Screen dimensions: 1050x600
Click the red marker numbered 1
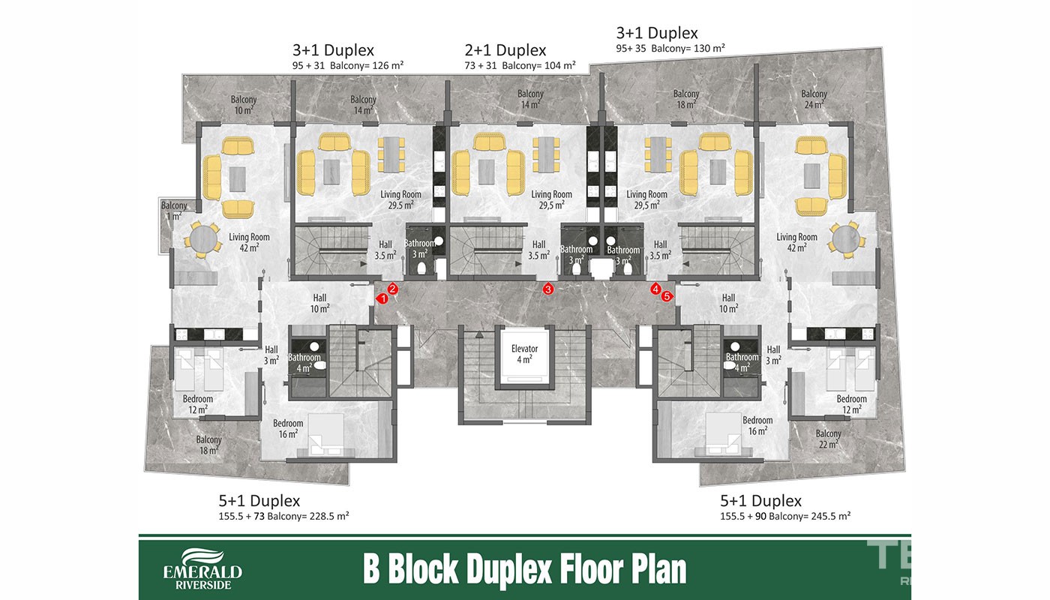click(382, 298)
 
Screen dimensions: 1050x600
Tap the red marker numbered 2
click(393, 289)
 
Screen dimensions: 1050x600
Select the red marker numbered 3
click(548, 289)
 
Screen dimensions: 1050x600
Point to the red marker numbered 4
click(655, 289)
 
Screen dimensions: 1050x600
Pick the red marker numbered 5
click(667, 296)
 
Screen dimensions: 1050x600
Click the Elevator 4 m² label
click(524, 354)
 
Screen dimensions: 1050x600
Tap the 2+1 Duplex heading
click(505, 50)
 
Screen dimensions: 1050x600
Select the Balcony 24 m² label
click(814, 99)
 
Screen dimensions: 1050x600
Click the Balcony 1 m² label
click(174, 211)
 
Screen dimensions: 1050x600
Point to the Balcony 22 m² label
click(828, 439)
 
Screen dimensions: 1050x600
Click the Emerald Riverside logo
click(202, 569)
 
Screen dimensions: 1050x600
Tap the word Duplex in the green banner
click(511, 569)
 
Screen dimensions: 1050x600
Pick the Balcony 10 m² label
click(244, 105)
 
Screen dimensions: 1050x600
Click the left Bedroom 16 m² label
click(288, 428)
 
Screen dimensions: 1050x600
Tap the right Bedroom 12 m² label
click(852, 404)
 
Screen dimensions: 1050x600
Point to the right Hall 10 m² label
click(728, 303)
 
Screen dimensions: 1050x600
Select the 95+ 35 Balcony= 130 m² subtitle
click(670, 48)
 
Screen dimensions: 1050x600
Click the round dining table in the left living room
click(202, 239)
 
